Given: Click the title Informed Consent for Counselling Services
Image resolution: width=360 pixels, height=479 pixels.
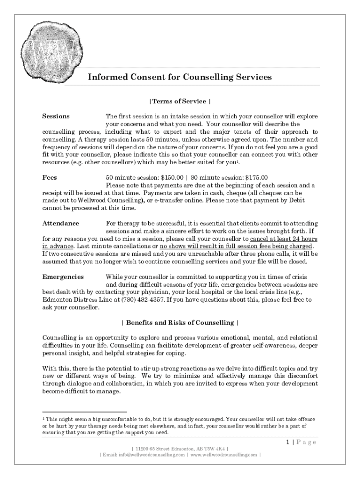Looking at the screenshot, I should pyautogui.click(x=180, y=77).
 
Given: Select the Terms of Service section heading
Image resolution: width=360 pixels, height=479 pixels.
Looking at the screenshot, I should pyautogui.click(x=180, y=101).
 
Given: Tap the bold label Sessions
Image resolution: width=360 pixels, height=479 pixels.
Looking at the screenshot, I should pyautogui.click(x=56, y=116).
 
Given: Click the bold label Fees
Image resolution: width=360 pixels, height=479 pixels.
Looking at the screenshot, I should pyautogui.click(x=50, y=177).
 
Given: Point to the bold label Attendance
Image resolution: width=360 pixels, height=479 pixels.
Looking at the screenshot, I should pyautogui.click(x=61, y=223).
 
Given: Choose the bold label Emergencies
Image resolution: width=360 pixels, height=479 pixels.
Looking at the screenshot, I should pyautogui.click(x=63, y=277).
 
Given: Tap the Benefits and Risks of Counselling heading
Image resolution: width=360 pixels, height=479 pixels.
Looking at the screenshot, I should pyautogui.click(x=180, y=323).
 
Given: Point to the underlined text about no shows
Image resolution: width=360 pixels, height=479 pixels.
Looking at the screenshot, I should pyautogui.click(x=236, y=246).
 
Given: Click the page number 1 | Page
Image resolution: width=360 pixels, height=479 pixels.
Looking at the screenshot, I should pyautogui.click(x=302, y=442).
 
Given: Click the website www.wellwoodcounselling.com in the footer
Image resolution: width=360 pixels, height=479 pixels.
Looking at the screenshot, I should pyautogui.click(x=223, y=455).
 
